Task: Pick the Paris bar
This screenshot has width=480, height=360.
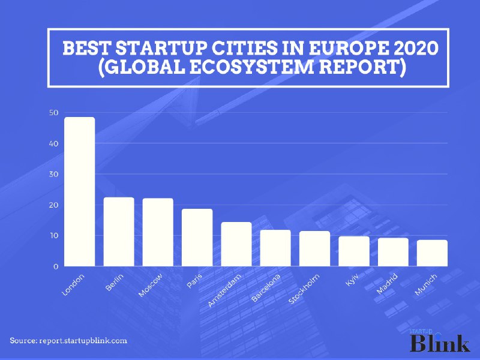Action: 197,237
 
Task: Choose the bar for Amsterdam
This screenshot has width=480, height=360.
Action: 236,244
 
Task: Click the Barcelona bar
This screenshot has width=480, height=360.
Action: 275,247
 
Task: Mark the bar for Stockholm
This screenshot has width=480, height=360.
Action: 315,248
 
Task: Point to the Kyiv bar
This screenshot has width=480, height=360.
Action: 354,251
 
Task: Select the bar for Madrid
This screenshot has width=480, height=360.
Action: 393,251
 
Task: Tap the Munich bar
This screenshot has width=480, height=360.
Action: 432,253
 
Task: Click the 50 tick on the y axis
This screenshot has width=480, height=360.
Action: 54,113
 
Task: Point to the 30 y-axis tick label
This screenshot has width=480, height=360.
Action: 54,174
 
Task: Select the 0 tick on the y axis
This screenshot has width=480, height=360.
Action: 56,266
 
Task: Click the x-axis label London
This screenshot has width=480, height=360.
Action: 74,284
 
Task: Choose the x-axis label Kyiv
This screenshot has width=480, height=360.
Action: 352,280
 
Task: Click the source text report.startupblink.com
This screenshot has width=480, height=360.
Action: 83,340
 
